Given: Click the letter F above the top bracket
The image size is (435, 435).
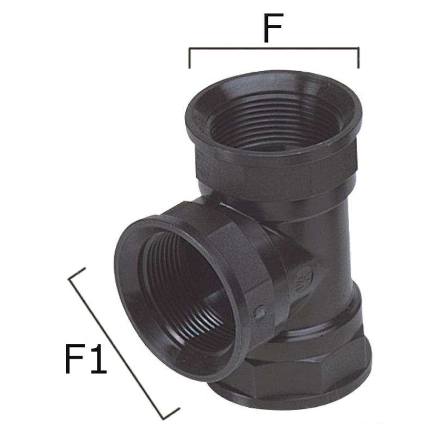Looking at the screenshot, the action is click(x=273, y=28).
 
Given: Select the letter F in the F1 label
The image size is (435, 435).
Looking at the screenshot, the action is click(x=74, y=359).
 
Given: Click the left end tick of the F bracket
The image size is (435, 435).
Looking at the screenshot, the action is click(x=189, y=58).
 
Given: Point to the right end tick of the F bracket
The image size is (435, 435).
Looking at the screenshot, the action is click(x=358, y=58).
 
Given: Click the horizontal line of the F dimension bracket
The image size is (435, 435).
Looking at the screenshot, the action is click(x=274, y=48).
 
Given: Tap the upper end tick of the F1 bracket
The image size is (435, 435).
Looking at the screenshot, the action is click(x=77, y=274).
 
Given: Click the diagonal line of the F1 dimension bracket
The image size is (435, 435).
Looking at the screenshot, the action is click(x=116, y=349).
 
